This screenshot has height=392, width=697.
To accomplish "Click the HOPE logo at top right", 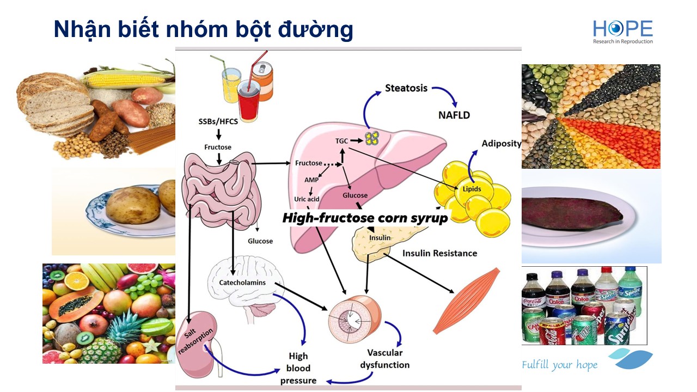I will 623,32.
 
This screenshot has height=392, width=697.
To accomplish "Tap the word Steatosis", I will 406,88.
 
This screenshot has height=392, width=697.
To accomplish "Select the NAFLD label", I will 454,115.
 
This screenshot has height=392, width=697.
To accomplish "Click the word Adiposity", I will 501,144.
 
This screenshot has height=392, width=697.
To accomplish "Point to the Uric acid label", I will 307,199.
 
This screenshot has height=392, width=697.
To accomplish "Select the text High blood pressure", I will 298,369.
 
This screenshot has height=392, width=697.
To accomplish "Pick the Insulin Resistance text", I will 439,253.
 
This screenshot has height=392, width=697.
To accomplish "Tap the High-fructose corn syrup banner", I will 365,218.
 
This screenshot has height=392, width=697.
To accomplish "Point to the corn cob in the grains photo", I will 125,81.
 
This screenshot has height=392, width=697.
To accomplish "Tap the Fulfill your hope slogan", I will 559,365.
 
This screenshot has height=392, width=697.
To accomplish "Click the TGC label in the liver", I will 342,140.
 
